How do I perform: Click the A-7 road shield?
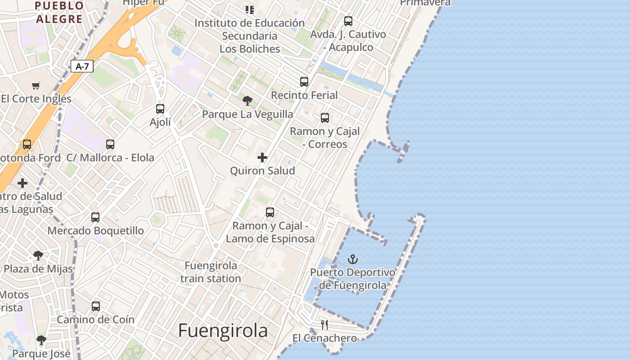[82, 67]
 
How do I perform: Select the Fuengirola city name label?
[223, 331]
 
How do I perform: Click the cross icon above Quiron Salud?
[262, 157]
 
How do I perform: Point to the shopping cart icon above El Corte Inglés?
[36, 85]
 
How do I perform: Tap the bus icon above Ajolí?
[160, 109]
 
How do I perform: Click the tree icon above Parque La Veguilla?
[247, 101]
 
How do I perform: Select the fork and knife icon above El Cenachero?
[324, 325]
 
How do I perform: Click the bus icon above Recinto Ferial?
[304, 82]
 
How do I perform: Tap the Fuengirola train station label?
[211, 272]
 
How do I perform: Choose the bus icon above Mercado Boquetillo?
[95, 217]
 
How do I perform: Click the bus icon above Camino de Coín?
[96, 306]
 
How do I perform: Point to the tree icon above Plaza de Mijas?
[38, 256]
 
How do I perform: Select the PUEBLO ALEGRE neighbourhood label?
[59, 12]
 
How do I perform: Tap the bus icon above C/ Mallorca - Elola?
[110, 144]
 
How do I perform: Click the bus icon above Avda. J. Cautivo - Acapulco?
[348, 21]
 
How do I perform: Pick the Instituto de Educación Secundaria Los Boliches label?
[250, 36]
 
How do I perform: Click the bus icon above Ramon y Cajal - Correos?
[325, 118]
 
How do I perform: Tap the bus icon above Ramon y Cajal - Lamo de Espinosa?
[270, 212]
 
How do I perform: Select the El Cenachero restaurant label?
[324, 338]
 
